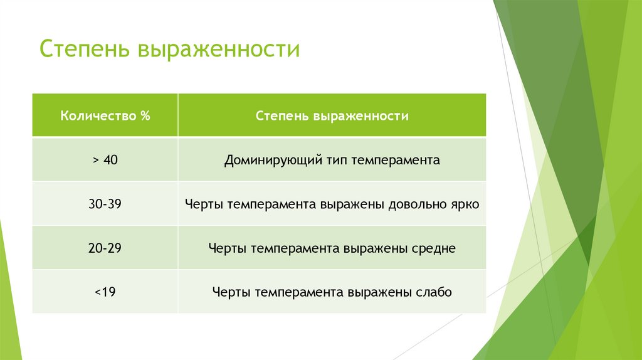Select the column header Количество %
pyautogui.click(x=105, y=116)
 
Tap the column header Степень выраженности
pyautogui.click(x=332, y=116)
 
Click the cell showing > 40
pyautogui.click(x=105, y=160)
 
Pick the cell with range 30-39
pyautogui.click(x=105, y=204)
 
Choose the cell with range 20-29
pyautogui.click(x=105, y=248)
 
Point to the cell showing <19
pyautogui.click(x=105, y=292)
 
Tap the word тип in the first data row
pyautogui.click(x=336, y=161)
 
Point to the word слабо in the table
pyautogui.click(x=433, y=292)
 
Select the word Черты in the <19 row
pyautogui.click(x=228, y=292)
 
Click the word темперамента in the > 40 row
pyautogui.click(x=395, y=161)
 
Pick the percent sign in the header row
pyautogui.click(x=145, y=116)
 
